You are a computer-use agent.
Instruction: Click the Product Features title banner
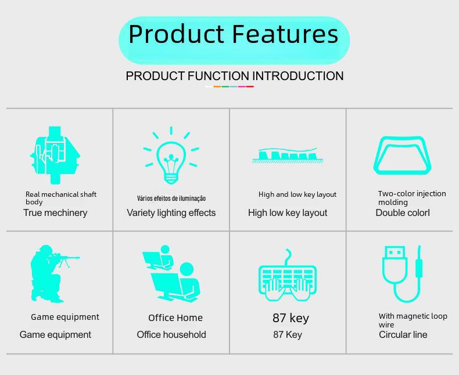[x=234, y=40]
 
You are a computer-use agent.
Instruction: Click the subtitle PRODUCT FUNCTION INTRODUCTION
[x=235, y=76]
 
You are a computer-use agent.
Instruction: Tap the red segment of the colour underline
[x=250, y=86]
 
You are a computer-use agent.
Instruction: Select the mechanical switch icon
[x=55, y=155]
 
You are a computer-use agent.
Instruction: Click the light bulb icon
[x=171, y=156]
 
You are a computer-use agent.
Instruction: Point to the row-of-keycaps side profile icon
[x=288, y=156]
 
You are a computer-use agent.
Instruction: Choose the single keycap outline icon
[x=402, y=156]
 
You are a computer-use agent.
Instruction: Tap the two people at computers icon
[x=171, y=273]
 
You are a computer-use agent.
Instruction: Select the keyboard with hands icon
[x=288, y=275]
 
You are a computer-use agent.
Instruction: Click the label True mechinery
[x=55, y=212]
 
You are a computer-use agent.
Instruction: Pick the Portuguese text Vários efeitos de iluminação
[x=171, y=199]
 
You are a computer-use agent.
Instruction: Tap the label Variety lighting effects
[x=171, y=213]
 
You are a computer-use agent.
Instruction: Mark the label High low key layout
[x=288, y=213]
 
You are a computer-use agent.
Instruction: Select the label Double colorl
[x=403, y=212]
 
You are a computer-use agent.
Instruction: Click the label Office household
[x=171, y=334]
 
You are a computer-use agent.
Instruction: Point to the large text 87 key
[x=291, y=318]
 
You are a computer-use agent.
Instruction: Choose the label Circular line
[x=403, y=334]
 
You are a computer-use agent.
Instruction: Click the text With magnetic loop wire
[x=413, y=320]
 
